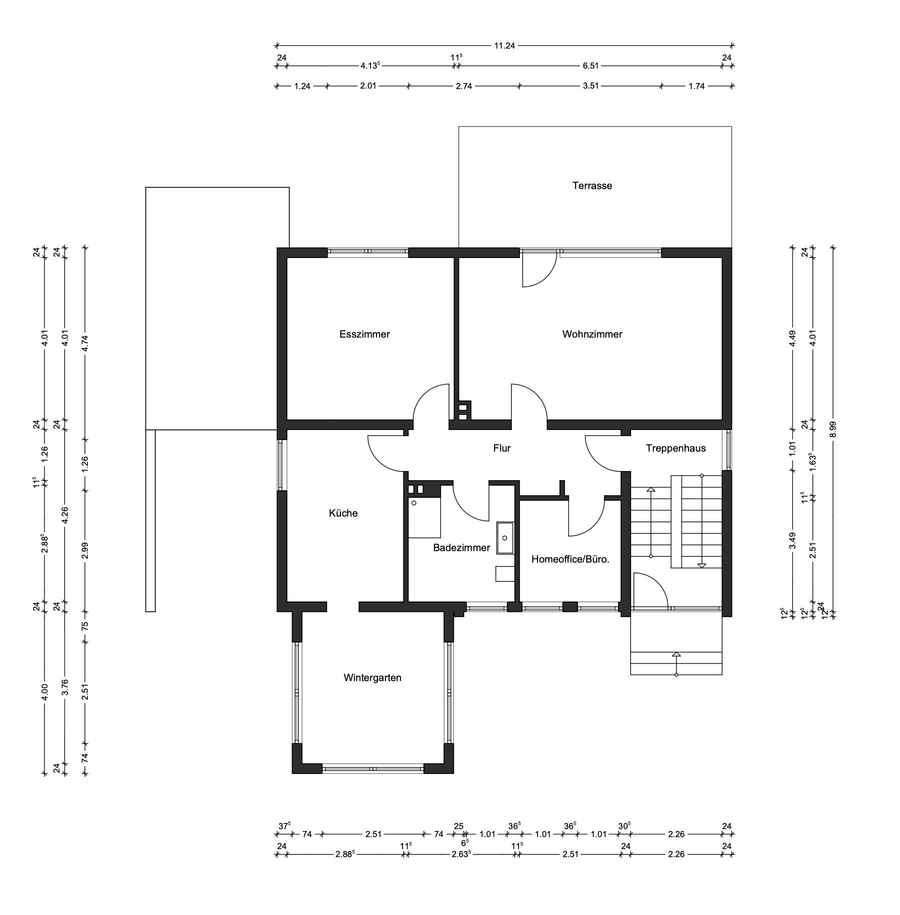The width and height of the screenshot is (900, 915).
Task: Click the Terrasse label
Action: tap(592, 186)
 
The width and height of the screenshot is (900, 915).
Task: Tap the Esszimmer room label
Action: tap(364, 334)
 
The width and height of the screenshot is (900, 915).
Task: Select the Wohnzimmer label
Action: tap(592, 334)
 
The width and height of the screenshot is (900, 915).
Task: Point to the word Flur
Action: tap(502, 448)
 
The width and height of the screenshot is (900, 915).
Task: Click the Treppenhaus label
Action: tap(675, 448)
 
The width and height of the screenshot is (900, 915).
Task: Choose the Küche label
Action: tap(343, 513)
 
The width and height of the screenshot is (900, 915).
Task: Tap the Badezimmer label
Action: tap(461, 548)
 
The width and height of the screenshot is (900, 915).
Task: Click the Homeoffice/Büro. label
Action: tap(570, 559)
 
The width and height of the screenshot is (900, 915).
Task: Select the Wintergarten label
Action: tap(372, 678)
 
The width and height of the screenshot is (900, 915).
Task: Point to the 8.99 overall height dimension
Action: tap(832, 428)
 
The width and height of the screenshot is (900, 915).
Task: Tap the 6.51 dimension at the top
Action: tap(590, 65)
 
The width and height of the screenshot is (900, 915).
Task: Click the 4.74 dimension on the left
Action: tap(85, 343)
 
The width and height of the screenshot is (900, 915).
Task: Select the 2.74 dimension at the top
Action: tap(463, 86)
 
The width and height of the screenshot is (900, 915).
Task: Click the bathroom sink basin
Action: tap(504, 538)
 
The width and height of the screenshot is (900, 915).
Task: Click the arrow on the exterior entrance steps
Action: tap(676, 664)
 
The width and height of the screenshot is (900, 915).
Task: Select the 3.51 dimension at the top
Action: tap(590, 86)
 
